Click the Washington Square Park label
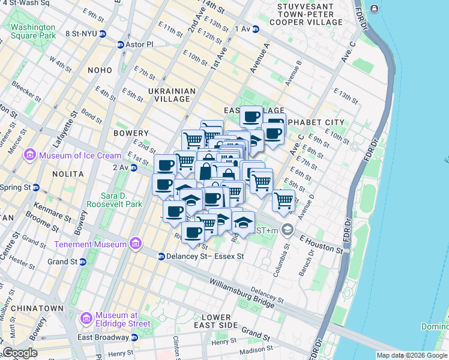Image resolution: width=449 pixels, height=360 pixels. tap(32, 32)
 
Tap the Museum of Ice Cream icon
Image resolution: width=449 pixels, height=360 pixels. tap(29, 156)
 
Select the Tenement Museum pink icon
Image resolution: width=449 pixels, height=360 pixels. tap(136, 244)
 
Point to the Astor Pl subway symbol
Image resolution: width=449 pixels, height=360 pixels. tap(120, 45)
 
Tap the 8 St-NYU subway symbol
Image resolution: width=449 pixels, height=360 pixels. tap(103, 34)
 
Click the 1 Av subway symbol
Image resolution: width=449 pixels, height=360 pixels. tap(255, 29)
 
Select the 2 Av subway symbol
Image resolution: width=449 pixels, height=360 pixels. tap(134, 167)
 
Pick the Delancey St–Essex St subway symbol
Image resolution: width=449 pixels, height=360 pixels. tap(161, 257)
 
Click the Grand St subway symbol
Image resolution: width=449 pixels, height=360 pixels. tap(83, 262)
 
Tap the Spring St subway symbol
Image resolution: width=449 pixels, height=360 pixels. tap(35, 187)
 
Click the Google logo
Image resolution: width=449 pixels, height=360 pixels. tap(20, 352)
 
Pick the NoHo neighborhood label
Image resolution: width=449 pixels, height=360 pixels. tap(99, 70)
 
